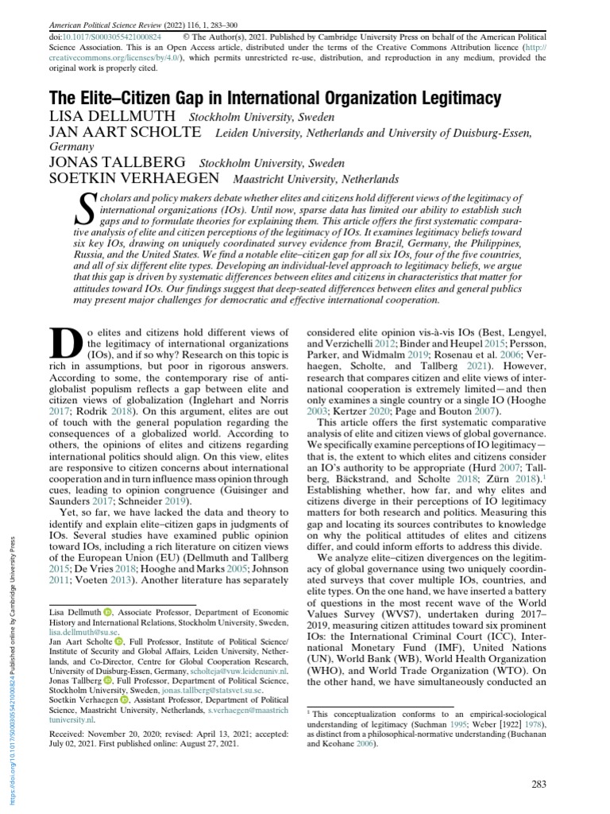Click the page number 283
538,785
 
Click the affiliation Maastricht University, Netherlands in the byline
315,180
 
